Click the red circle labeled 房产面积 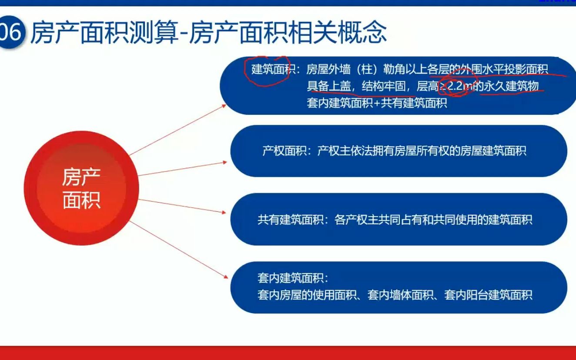pyautogui.click(x=81, y=188)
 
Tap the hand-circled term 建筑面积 pyautogui.click(x=270, y=70)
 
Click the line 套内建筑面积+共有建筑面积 pyautogui.click(x=377, y=104)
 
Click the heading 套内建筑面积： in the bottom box pyautogui.click(x=293, y=278)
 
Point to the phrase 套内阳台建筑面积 pyautogui.click(x=488, y=295)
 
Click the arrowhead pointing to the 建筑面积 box pyautogui.click(x=224, y=105)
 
